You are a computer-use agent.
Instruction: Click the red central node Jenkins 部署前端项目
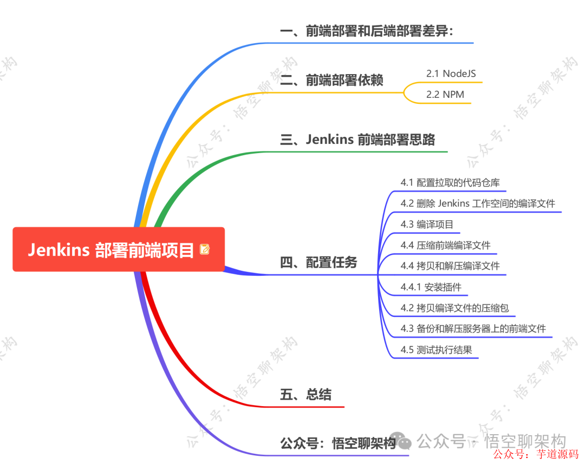(111, 249)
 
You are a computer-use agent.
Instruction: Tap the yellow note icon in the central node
(205, 249)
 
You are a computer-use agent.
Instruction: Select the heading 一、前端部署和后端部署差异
(366, 31)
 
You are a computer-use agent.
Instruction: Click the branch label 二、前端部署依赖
(331, 81)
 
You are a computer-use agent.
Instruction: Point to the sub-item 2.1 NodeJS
(451, 73)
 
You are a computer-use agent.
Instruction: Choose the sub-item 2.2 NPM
(445, 94)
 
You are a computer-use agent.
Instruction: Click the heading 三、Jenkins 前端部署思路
(357, 139)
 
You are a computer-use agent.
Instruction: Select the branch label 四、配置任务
(318, 263)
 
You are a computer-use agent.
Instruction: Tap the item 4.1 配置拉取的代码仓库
(454, 182)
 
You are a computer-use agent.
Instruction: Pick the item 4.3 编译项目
(427, 224)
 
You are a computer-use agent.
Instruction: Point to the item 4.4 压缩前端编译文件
(445, 245)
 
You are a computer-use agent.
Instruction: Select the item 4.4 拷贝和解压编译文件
(450, 265)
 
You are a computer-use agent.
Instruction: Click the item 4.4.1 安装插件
(431, 287)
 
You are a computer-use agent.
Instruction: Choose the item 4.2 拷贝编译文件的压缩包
(454, 308)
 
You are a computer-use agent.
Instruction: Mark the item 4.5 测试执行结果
(436, 349)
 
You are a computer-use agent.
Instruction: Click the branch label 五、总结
(305, 394)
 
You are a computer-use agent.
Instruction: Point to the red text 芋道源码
(557, 454)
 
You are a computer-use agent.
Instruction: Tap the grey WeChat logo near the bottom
(404, 442)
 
